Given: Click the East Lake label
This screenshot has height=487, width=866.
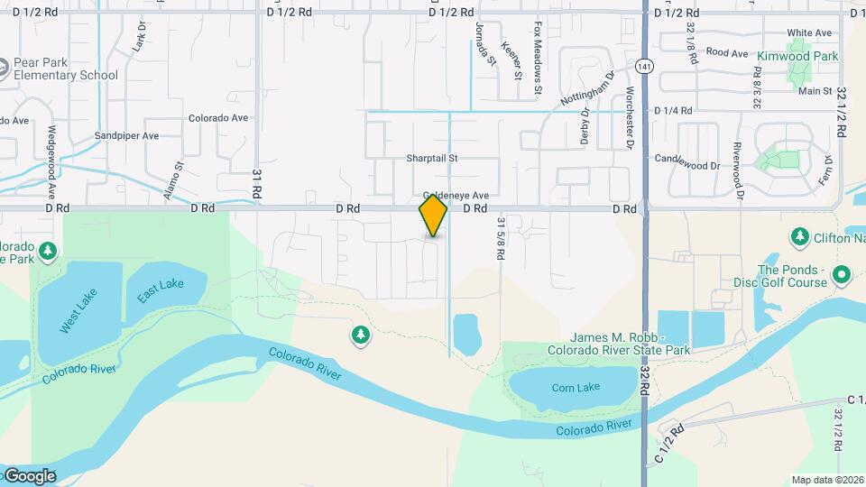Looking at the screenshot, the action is pos(160,290).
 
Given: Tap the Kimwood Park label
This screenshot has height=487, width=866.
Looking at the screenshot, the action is pos(797,56).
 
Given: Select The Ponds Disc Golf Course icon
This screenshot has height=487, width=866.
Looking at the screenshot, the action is pos(843,273).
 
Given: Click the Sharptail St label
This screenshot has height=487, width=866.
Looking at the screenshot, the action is pos(431,158).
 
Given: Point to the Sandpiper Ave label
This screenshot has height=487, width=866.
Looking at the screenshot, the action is pos(126,135).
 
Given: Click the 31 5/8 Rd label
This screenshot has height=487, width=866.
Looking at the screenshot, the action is pos(500,238).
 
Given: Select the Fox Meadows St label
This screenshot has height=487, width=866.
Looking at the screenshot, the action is pos(537,59).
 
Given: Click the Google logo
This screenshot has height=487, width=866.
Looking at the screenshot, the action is pos(30,475).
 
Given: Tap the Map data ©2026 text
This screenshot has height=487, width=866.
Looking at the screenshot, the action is pos(826,480).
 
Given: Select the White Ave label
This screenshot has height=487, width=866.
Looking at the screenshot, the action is pos(809,32).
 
